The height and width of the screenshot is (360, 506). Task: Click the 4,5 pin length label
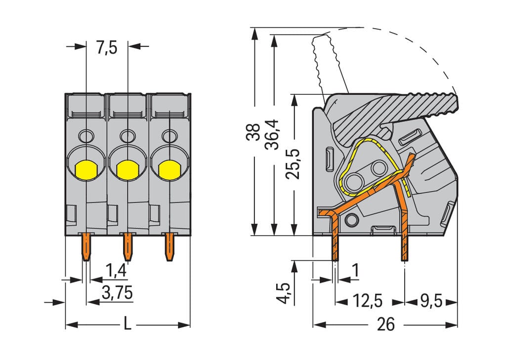(x=284, y=293)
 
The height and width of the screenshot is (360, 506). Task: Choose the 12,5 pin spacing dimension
(x=368, y=301)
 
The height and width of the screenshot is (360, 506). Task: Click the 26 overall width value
(x=385, y=325)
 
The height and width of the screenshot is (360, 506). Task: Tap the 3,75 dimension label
(x=117, y=292)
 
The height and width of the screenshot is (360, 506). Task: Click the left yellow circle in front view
(x=86, y=169)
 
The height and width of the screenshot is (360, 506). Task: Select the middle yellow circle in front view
(x=127, y=169)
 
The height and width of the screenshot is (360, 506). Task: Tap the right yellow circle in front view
(x=169, y=169)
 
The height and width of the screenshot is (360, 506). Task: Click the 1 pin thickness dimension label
(x=354, y=271)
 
